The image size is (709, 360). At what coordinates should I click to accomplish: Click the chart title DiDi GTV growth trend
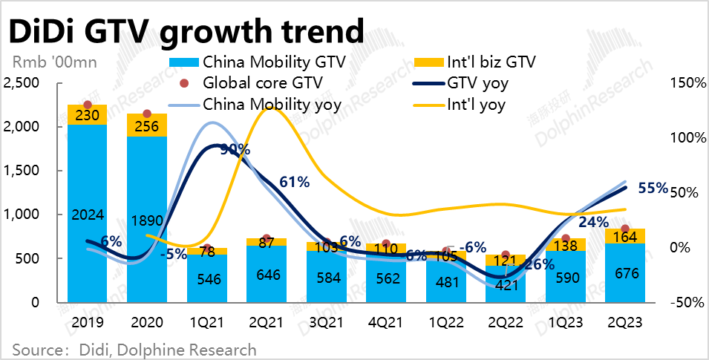point(186,31)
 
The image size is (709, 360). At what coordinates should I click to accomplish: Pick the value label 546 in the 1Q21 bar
point(206,281)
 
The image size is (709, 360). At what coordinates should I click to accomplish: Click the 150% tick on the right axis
point(690,83)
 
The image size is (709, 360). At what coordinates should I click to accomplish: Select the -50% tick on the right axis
point(690,302)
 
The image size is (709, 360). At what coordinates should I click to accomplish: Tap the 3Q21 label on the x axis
point(325,323)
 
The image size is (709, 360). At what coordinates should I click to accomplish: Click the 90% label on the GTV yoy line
point(235,150)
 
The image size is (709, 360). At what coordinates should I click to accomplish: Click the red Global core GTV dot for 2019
point(88,105)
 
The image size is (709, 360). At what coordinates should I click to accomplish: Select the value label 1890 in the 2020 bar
point(147,220)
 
